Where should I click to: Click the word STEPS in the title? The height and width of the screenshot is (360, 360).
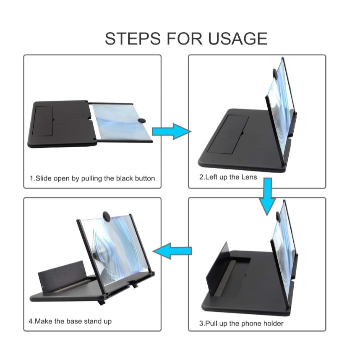pos(133,38)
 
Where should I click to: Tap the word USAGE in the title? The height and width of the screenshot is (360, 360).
pos(237,38)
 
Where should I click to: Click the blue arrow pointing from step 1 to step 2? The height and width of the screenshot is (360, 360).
pos(172,131)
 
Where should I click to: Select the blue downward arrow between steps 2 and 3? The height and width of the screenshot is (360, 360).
pos(267,196)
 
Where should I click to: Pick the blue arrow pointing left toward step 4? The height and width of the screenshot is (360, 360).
pos(172,251)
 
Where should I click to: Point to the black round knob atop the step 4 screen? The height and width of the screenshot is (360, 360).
pos(107,216)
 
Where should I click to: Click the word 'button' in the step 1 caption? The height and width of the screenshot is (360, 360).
pos(145,178)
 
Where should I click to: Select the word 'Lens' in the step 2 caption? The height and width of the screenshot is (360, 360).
pos(249,177)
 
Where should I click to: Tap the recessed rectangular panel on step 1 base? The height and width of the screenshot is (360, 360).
pos(42,121)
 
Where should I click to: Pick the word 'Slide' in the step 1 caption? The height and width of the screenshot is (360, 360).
pos(44,178)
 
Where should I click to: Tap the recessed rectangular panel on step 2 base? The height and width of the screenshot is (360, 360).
pos(228,134)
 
